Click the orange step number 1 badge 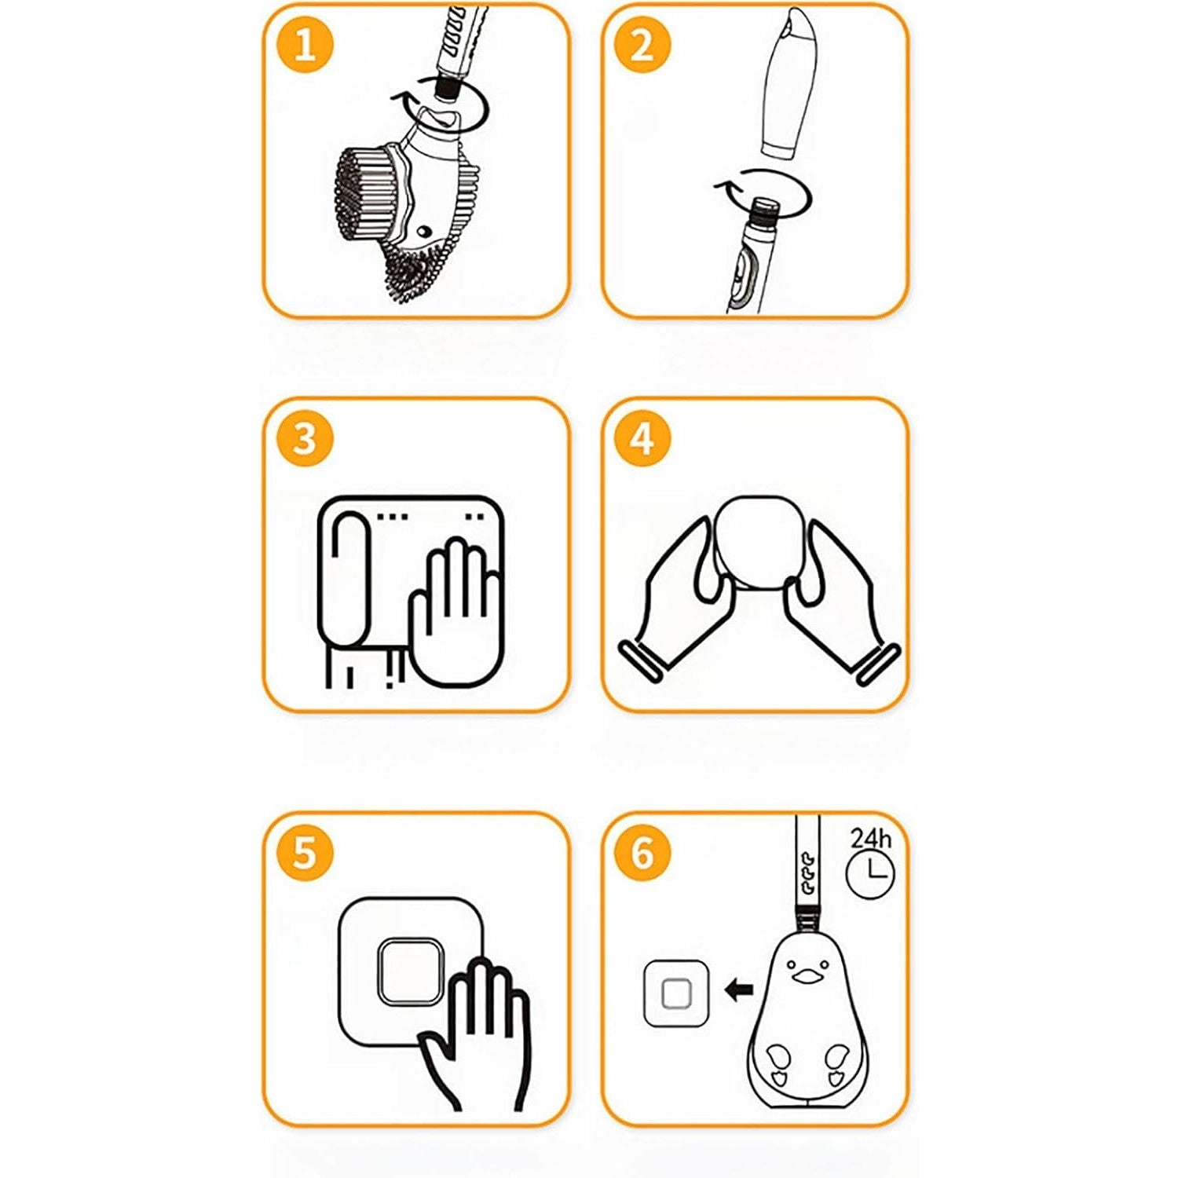305,45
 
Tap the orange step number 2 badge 642,45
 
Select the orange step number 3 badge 305,438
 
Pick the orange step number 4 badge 642,438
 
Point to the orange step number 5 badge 305,853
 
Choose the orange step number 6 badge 642,853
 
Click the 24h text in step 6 871,838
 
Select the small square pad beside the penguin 676,994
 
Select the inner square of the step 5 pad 409,970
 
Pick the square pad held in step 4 755,542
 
